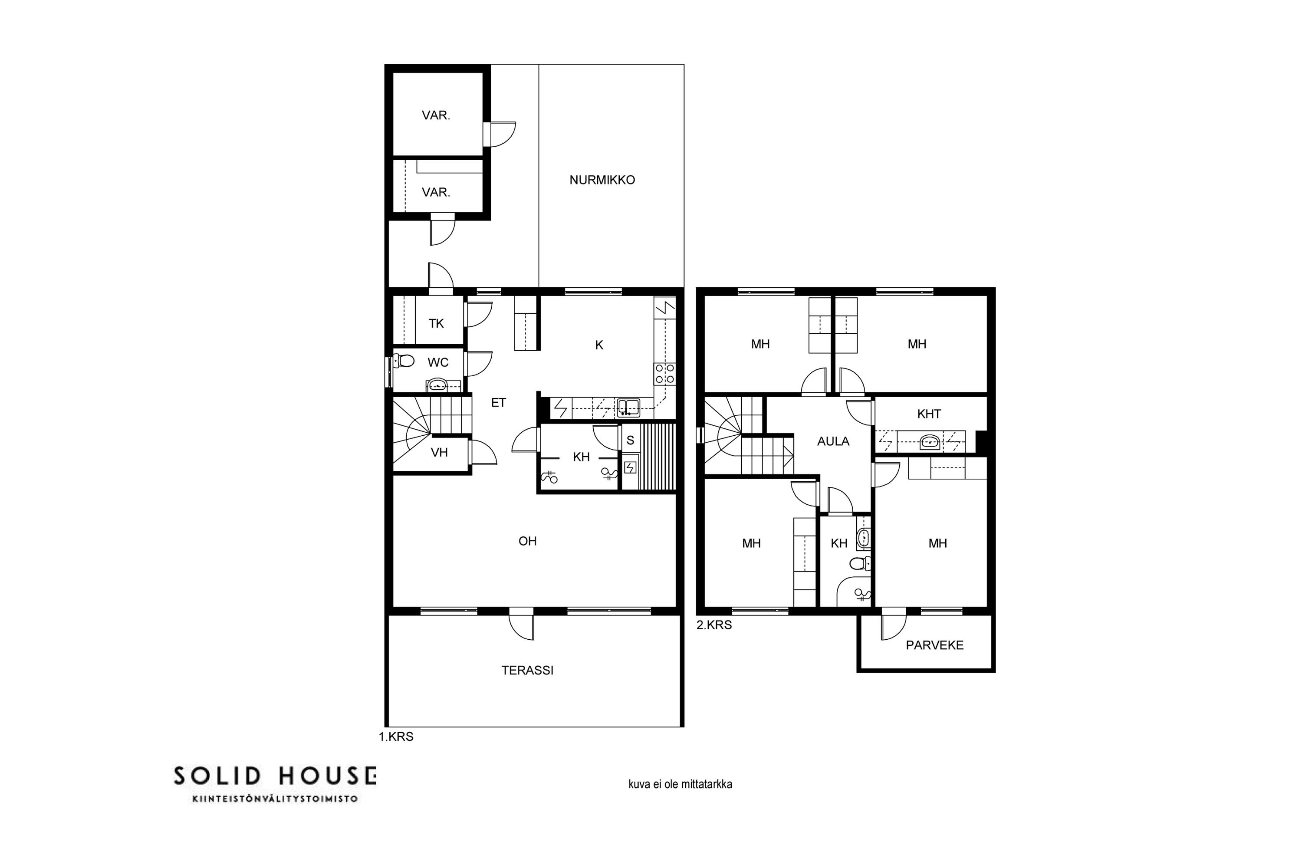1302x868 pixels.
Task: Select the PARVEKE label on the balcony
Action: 934,645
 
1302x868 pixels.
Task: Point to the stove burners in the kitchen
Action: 665,373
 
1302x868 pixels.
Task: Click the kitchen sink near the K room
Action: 628,408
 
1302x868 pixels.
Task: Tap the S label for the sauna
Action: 630,441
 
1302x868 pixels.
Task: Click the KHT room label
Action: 928,414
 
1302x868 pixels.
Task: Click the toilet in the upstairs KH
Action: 860,563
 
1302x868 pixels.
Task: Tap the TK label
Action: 436,323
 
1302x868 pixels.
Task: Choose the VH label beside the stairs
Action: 439,452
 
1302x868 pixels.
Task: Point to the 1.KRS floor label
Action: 396,737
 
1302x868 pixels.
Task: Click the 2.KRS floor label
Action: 714,625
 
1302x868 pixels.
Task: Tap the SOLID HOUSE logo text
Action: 275,776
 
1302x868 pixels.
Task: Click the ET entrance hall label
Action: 498,402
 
